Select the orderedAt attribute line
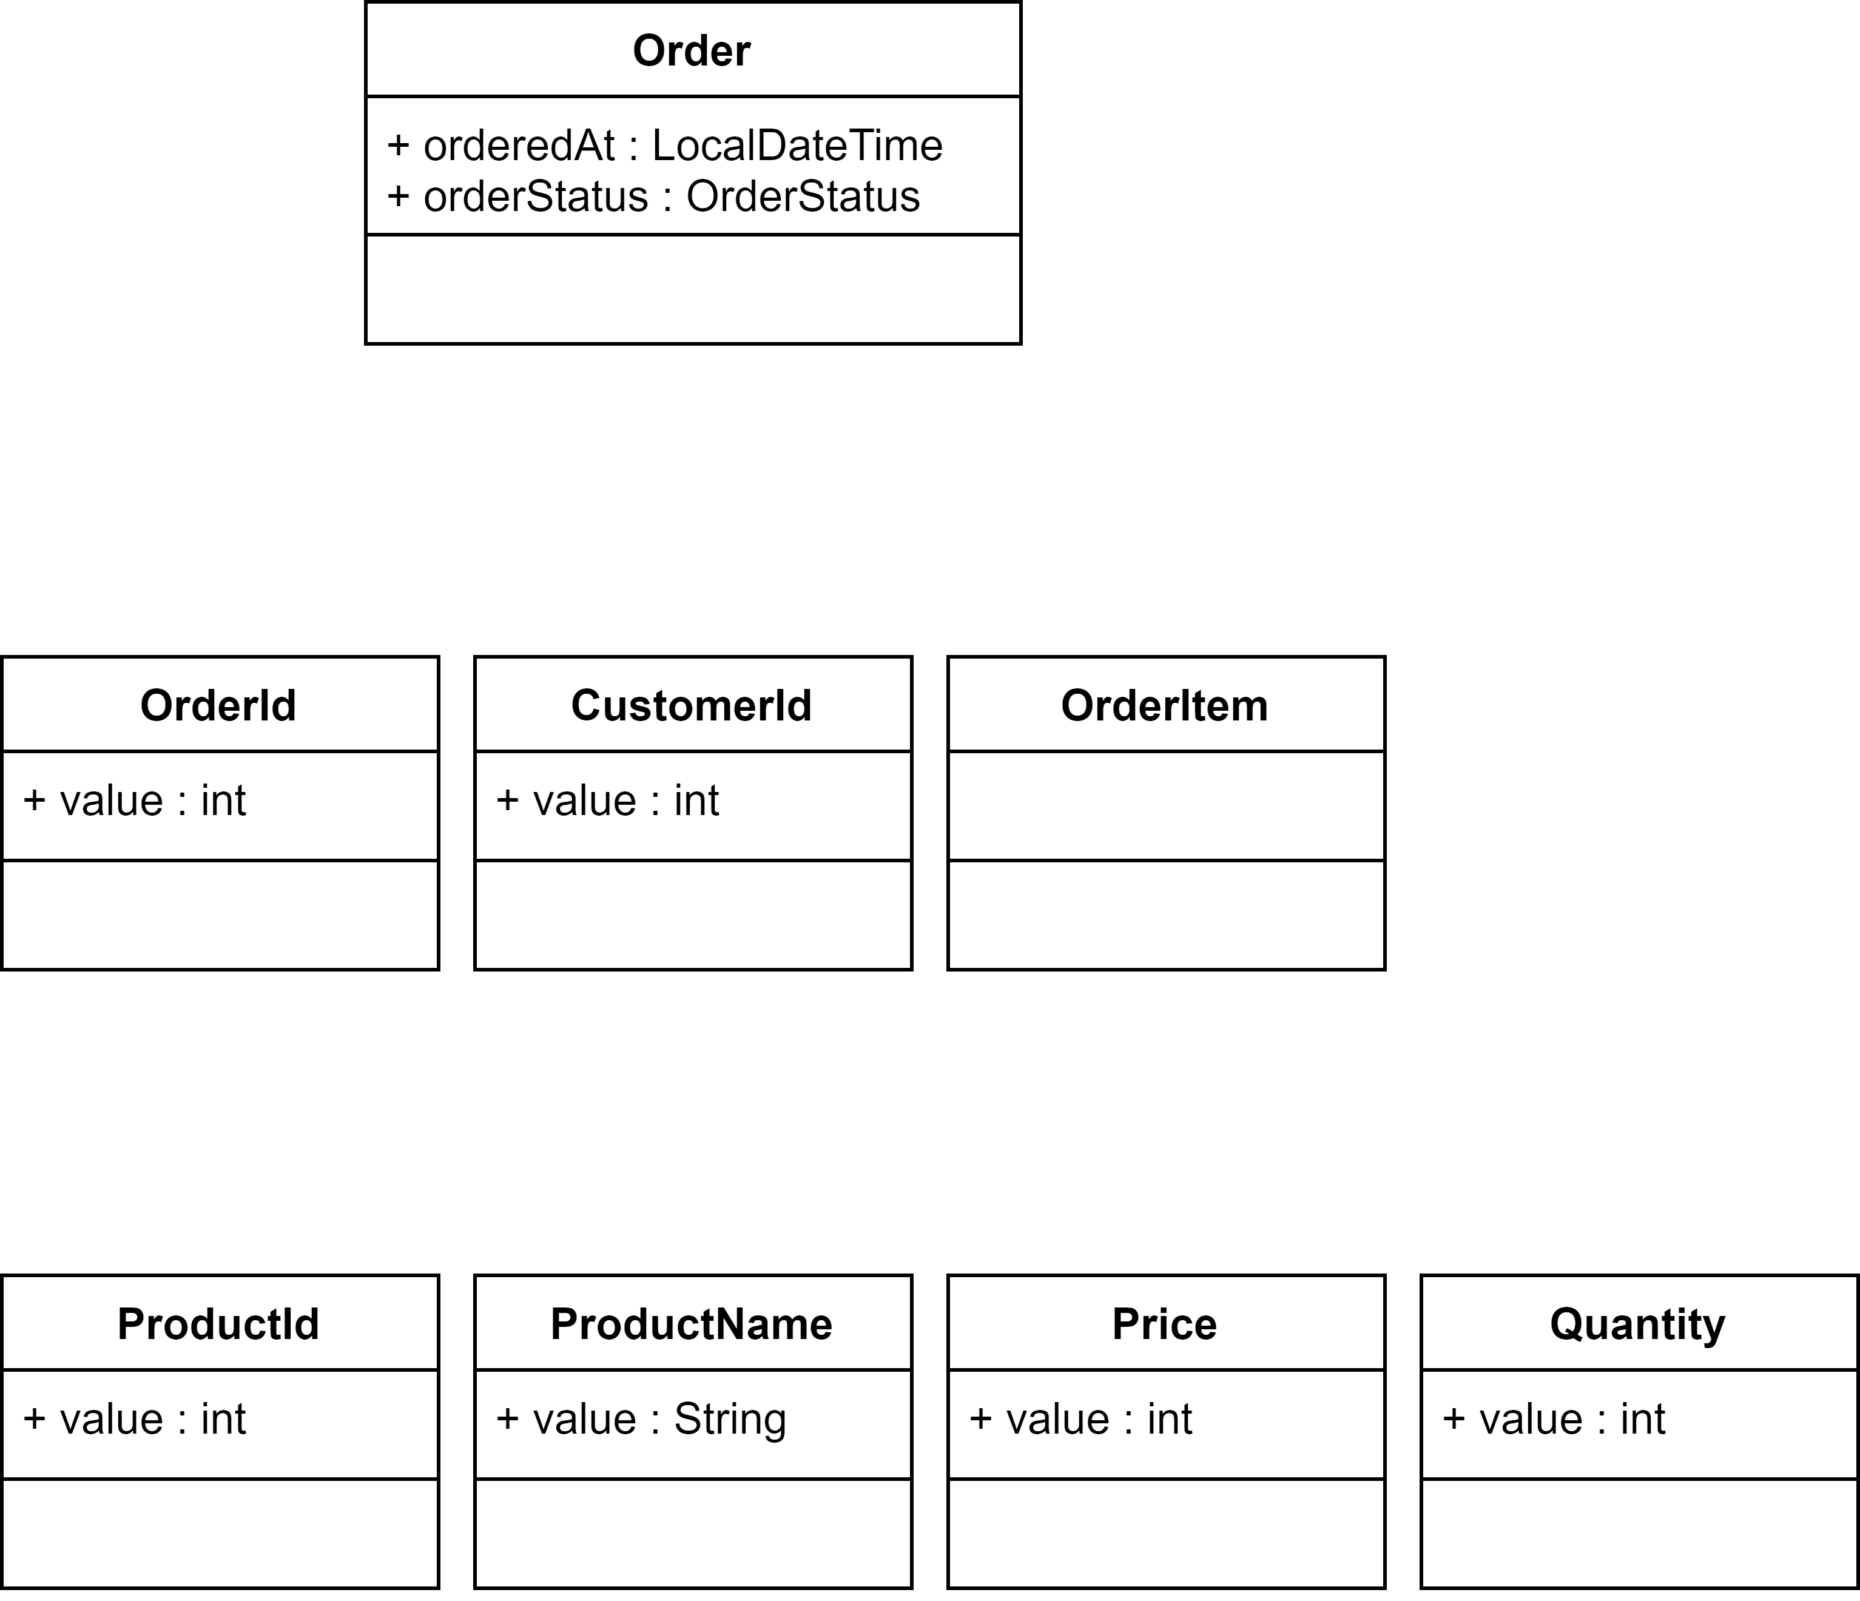(x=664, y=146)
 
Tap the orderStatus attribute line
(x=653, y=196)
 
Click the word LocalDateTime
(x=797, y=146)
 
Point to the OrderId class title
(x=218, y=705)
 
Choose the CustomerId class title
(x=691, y=705)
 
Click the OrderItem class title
(x=1164, y=705)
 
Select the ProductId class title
(x=218, y=1324)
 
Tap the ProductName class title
(x=691, y=1324)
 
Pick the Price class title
(x=1164, y=1324)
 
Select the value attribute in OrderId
(x=135, y=800)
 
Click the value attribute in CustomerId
(x=608, y=800)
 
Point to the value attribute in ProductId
(x=135, y=1419)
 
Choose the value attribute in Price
(x=1081, y=1419)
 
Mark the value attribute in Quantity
(x=1554, y=1419)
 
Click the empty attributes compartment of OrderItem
(x=1166, y=806)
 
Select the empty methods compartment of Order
(x=693, y=289)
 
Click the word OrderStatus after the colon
(x=803, y=196)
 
